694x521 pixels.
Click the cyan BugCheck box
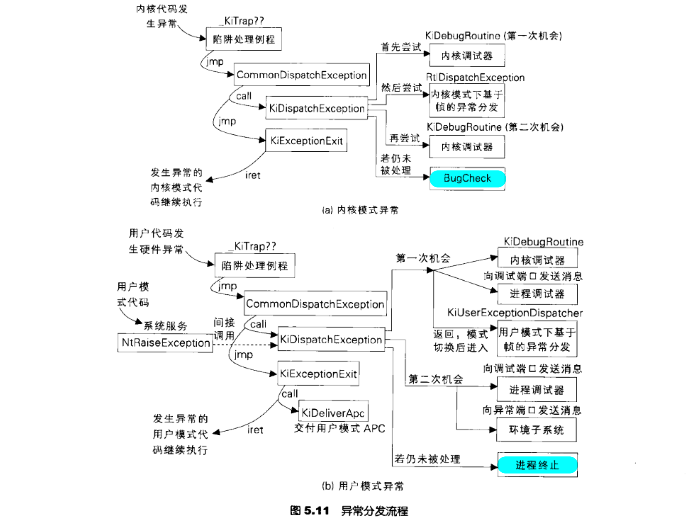click(x=467, y=178)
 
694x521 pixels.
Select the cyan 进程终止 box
click(x=537, y=465)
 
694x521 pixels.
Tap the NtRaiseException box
click(x=165, y=343)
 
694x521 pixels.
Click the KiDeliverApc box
click(x=333, y=413)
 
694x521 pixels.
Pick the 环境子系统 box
click(x=536, y=430)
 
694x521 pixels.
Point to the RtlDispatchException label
click(x=475, y=77)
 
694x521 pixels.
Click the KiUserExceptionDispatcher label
click(x=515, y=313)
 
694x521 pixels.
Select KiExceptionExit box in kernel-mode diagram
click(x=306, y=141)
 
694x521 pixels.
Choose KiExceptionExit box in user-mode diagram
click(x=318, y=374)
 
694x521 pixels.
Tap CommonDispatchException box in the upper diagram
click(x=302, y=75)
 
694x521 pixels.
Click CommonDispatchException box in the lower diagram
click(x=315, y=304)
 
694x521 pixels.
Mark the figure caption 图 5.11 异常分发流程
click(x=349, y=511)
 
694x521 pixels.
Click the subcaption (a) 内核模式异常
click(x=360, y=210)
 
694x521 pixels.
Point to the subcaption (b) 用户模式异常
click(x=362, y=486)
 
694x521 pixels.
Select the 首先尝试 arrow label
click(x=401, y=47)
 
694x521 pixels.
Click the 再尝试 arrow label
click(x=404, y=138)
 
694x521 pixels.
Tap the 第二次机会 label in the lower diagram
click(x=435, y=379)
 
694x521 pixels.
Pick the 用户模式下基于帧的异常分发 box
click(x=537, y=339)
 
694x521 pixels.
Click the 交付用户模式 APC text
click(x=339, y=428)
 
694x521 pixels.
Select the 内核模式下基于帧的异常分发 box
click(x=467, y=101)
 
